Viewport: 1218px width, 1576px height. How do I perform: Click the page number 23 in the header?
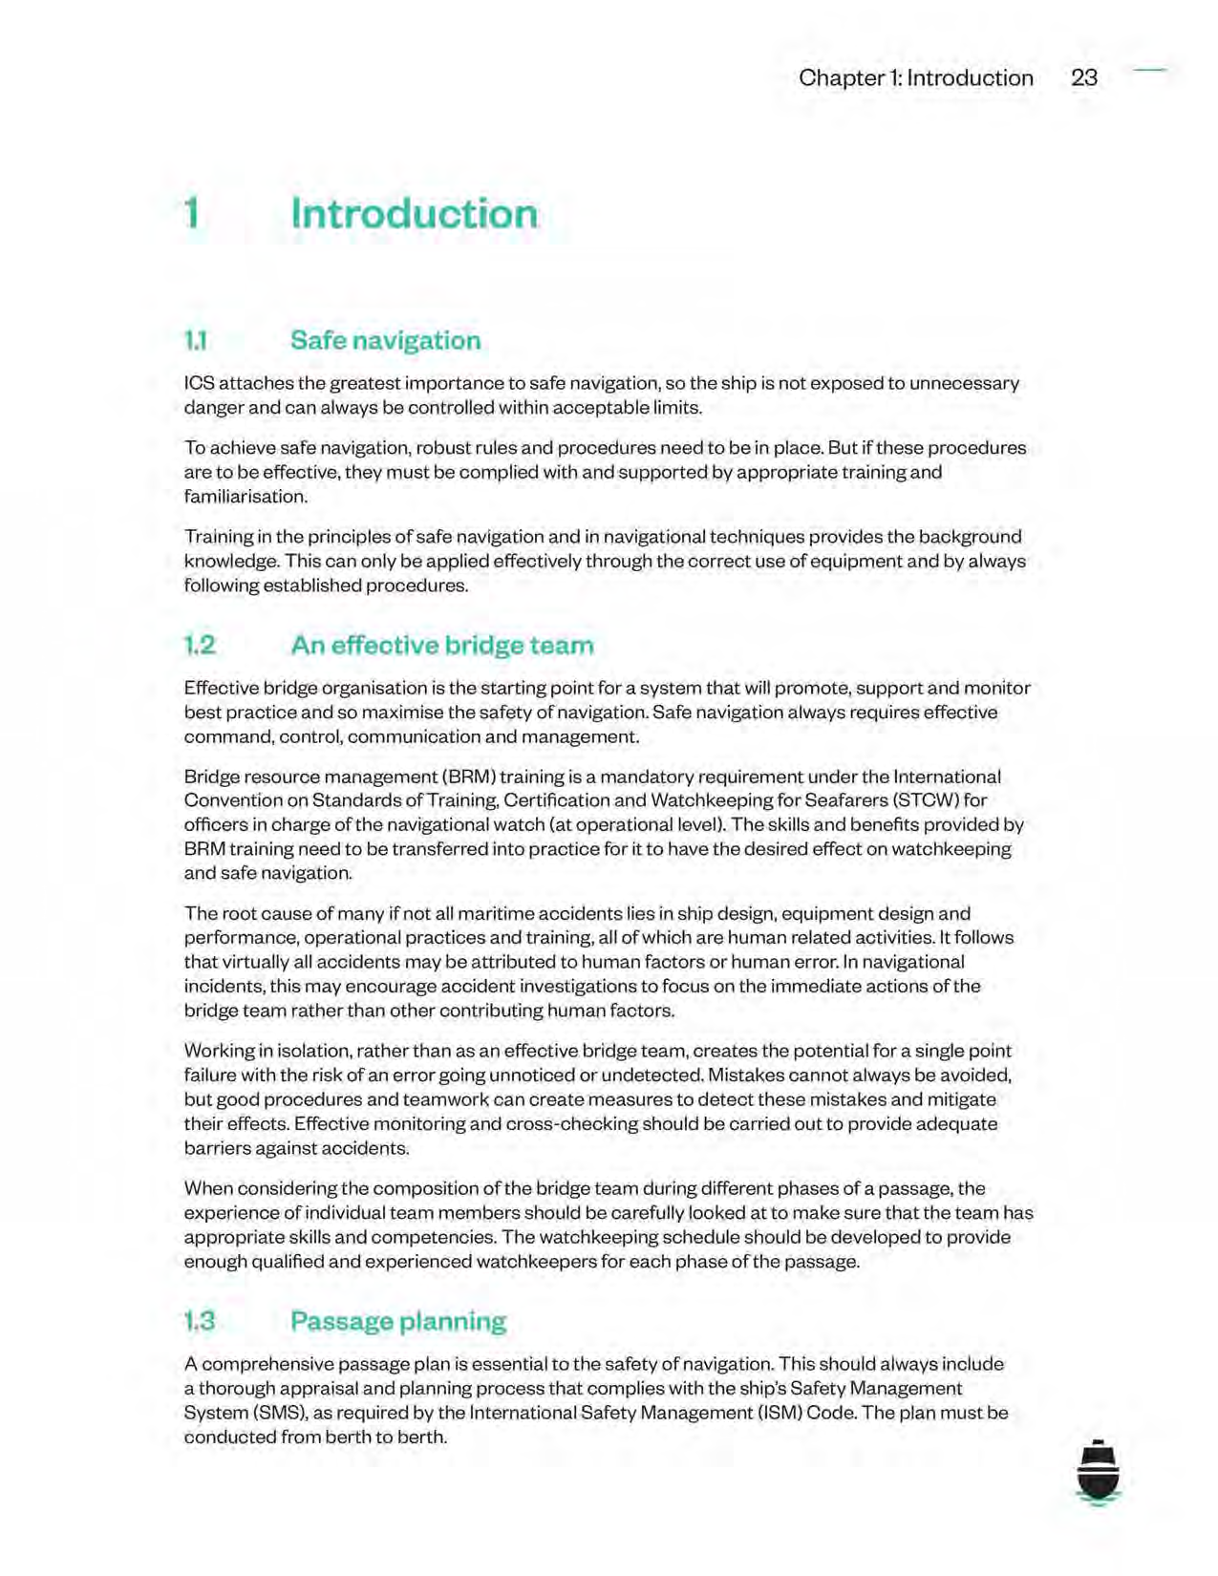[1083, 77]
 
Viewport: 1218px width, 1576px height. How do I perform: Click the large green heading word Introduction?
[414, 213]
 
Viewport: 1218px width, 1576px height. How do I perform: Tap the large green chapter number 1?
[192, 213]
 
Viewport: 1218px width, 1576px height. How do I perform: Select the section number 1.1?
[195, 340]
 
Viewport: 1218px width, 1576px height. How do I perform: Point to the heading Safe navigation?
[385, 340]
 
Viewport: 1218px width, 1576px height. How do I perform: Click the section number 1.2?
[200, 646]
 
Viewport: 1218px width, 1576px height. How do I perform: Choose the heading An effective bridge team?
[441, 646]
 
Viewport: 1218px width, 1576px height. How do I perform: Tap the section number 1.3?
[200, 1321]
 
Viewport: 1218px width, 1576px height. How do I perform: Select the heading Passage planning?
[397, 1321]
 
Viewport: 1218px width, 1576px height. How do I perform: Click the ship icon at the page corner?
[1098, 1472]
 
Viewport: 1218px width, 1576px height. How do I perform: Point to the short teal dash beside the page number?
[1150, 70]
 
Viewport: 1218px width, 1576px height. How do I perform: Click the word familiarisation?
[246, 497]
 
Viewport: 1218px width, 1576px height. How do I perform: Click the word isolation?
[312, 1051]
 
